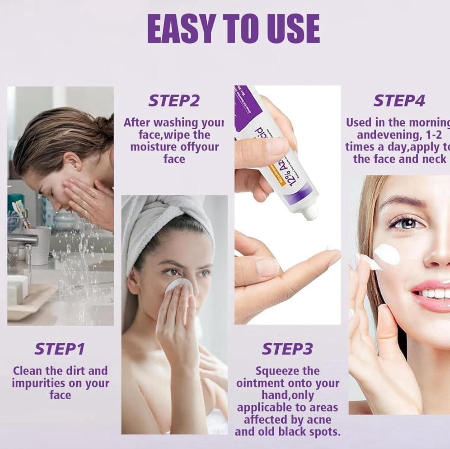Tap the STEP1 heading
point(59,349)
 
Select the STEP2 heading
point(174,101)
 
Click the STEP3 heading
point(287,349)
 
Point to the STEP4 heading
point(399,101)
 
